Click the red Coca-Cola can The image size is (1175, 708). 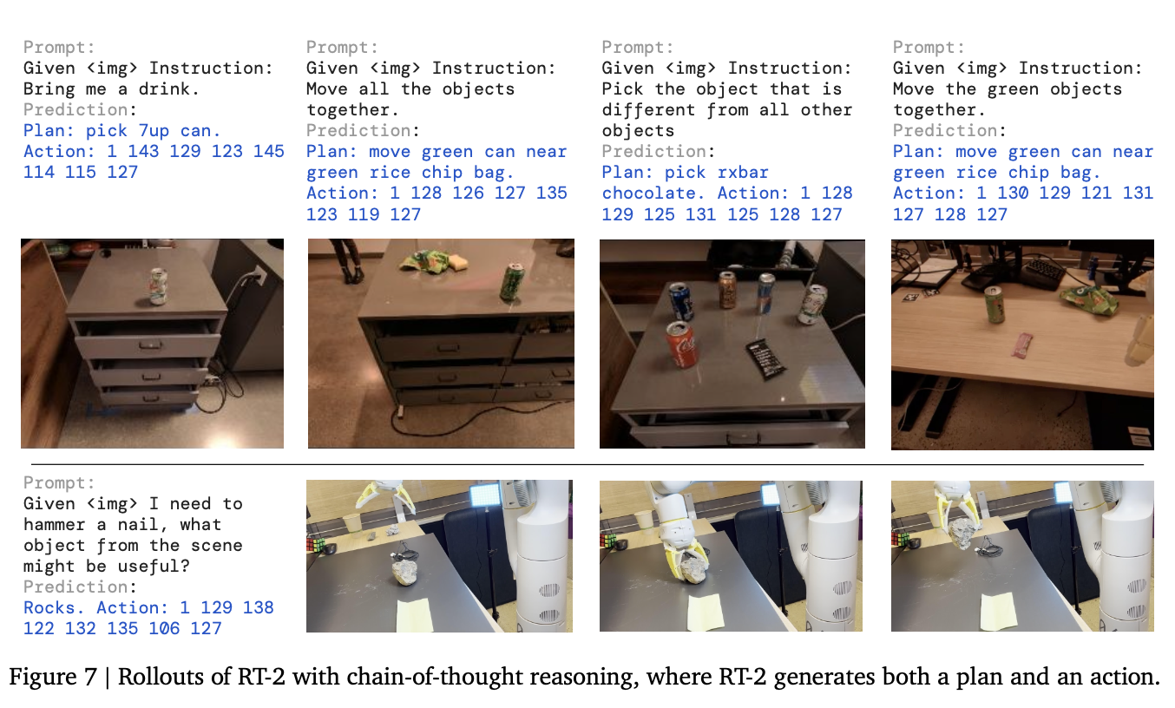pos(681,344)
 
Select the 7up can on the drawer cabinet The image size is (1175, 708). pos(158,285)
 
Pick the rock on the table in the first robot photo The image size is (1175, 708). pos(405,572)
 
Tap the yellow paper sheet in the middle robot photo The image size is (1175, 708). pos(706,613)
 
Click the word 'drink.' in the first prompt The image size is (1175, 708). pos(169,89)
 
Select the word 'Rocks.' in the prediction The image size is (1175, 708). pos(54,607)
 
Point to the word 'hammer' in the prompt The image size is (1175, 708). pos(54,524)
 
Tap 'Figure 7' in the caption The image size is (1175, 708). pos(53,677)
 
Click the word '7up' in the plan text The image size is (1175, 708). pos(154,131)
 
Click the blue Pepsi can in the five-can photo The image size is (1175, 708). pos(682,302)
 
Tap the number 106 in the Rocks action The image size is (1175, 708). pos(164,628)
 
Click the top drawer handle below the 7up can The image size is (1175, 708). pos(150,344)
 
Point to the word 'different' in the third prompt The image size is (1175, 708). pos(648,110)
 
